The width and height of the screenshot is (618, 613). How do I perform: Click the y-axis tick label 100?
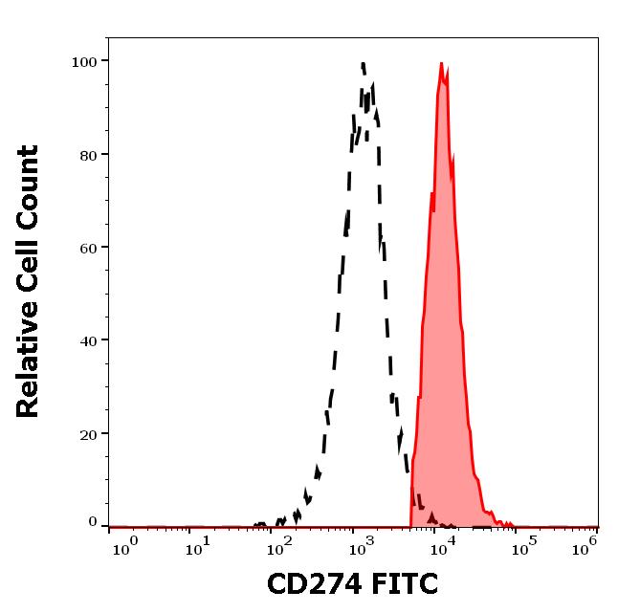tap(84, 61)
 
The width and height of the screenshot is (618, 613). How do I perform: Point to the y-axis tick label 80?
tap(88, 154)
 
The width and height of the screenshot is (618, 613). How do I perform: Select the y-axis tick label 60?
tap(88, 247)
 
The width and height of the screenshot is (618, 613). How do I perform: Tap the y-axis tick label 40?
tap(88, 339)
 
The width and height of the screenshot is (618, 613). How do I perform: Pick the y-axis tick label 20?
tap(88, 433)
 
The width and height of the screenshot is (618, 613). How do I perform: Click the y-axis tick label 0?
tap(93, 522)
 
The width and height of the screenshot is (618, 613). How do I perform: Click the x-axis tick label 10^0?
tap(127, 548)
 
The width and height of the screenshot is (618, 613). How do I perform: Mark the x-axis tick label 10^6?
tap(585, 548)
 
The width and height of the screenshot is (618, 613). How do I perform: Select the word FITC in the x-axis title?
tap(404, 583)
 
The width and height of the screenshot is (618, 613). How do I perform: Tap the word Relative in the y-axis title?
tap(29, 365)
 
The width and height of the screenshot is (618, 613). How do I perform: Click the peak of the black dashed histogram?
tap(364, 64)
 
